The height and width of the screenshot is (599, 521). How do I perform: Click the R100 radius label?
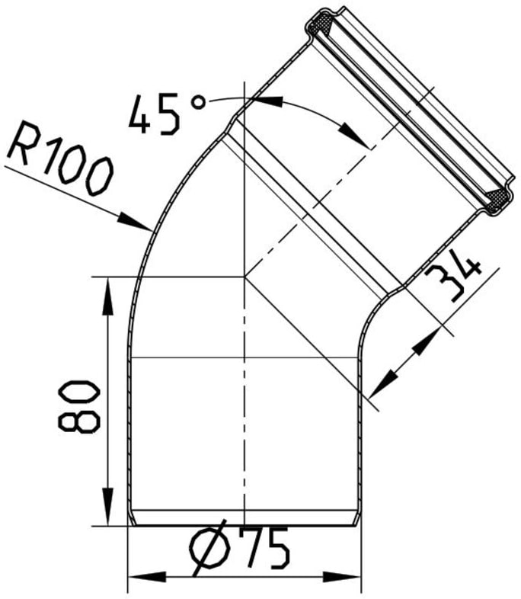60,158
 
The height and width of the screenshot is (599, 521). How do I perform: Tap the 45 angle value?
155,114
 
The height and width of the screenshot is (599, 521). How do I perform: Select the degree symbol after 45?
198,102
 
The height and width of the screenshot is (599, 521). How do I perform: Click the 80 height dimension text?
78,406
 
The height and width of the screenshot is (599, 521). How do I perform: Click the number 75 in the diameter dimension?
265,547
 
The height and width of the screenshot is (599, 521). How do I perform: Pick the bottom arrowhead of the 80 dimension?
108,506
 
